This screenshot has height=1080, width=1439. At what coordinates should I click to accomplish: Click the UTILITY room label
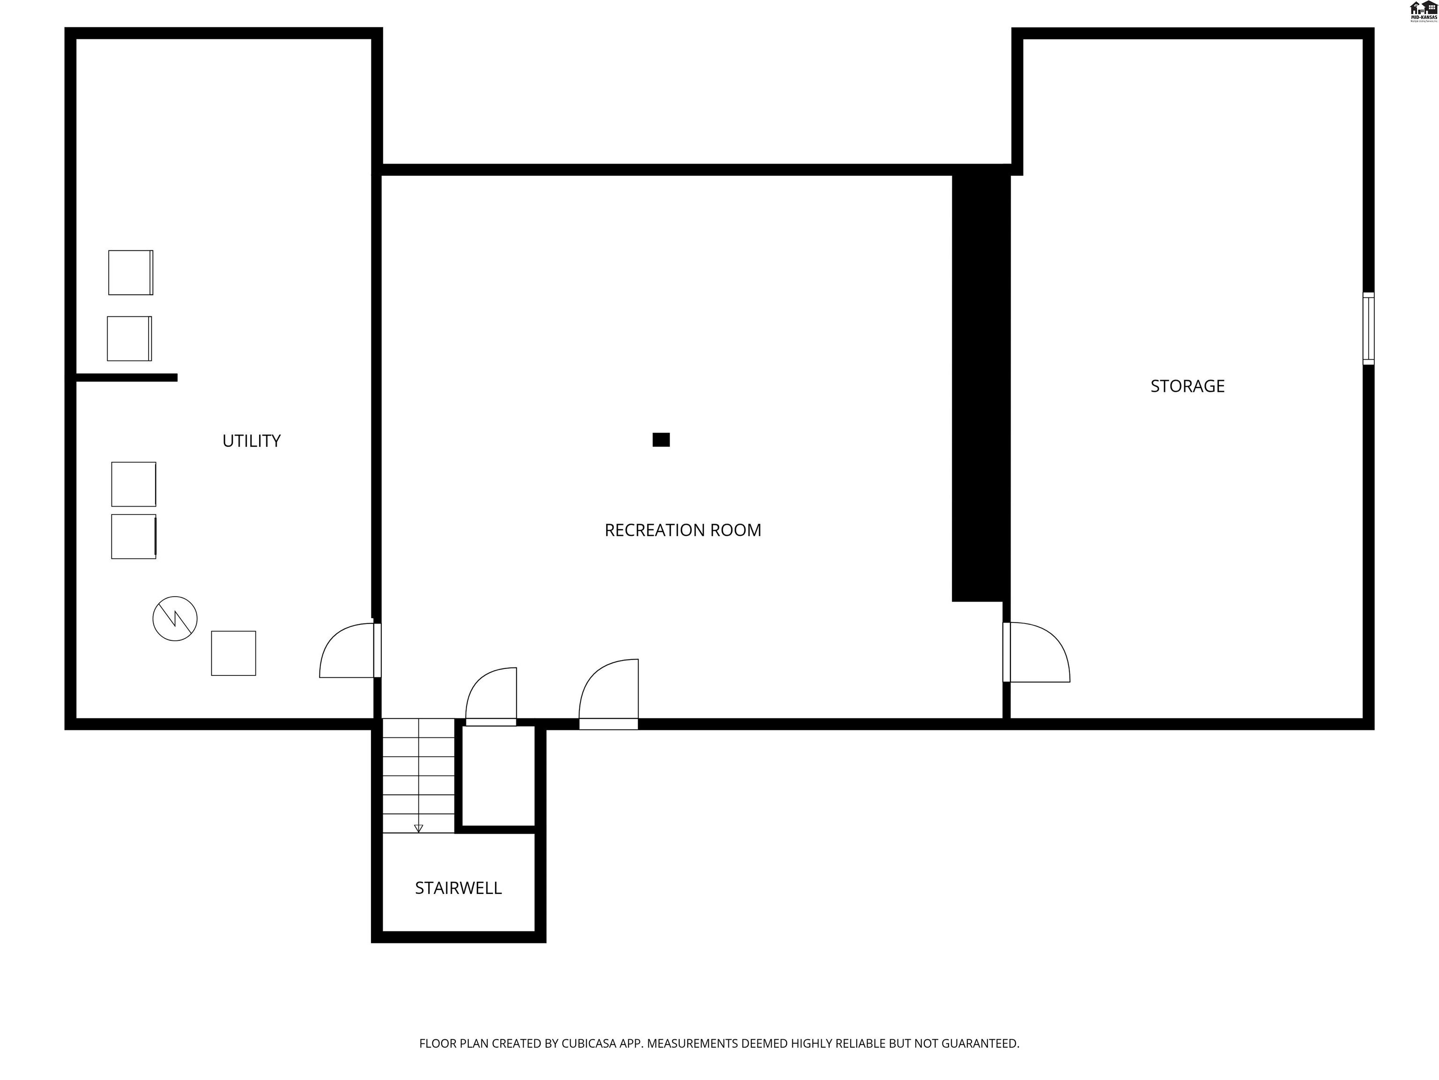251,441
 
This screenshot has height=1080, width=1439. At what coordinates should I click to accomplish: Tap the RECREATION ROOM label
682,530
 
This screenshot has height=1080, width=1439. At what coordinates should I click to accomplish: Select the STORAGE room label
1187,386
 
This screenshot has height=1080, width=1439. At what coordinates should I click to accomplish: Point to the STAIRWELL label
458,888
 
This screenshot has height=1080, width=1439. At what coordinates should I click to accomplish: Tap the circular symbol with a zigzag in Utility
175,618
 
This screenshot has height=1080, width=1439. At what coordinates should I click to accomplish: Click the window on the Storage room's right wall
1368,328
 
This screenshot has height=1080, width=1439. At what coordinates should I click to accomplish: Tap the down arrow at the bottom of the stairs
418,828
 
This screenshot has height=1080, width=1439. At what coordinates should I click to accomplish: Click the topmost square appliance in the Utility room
131,272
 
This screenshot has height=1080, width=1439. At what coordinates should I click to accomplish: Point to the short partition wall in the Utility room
127,377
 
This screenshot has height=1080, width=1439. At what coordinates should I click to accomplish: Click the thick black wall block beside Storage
980,387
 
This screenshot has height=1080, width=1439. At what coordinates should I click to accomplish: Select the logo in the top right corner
1423,12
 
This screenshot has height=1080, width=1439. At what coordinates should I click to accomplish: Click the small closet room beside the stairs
498,776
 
